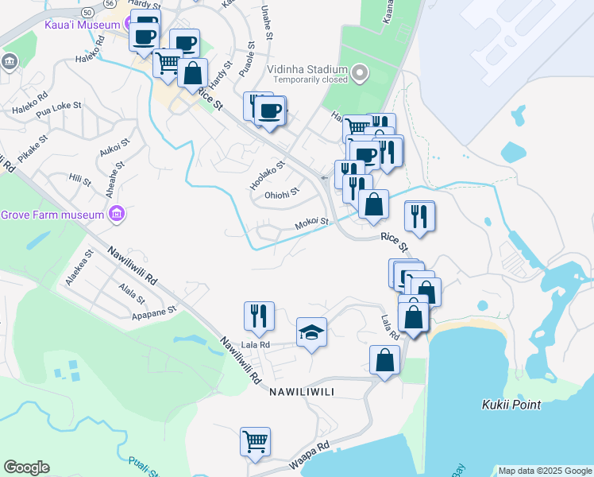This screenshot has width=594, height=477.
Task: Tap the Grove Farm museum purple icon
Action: (118, 214)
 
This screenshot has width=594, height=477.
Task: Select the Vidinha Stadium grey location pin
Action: (360, 75)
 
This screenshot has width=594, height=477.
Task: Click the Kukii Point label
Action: (511, 405)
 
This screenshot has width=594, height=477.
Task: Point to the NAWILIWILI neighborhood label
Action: (299, 392)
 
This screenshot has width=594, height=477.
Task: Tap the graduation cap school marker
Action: (311, 333)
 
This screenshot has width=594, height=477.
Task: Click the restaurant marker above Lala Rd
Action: (259, 316)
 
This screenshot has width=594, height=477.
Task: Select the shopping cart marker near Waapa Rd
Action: (255, 441)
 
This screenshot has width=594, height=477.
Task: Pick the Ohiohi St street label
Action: (282, 192)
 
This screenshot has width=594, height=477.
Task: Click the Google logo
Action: (26, 467)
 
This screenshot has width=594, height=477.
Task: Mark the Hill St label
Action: (80, 180)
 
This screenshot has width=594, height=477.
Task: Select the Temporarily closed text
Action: (310, 79)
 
